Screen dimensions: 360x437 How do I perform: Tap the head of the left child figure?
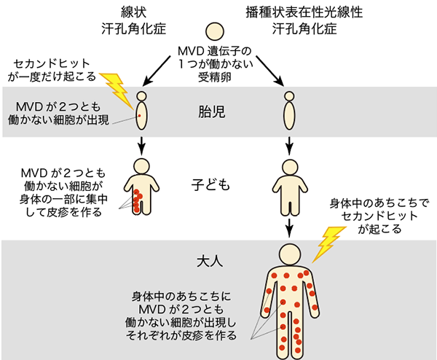click(x=142, y=165)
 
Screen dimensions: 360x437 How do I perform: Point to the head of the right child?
click(x=290, y=165)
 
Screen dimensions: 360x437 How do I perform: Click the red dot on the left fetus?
click(x=139, y=114)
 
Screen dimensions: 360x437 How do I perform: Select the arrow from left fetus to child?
click(x=142, y=146)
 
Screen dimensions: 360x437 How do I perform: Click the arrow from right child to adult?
click(x=290, y=226)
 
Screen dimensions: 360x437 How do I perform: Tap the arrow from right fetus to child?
click(x=290, y=146)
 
